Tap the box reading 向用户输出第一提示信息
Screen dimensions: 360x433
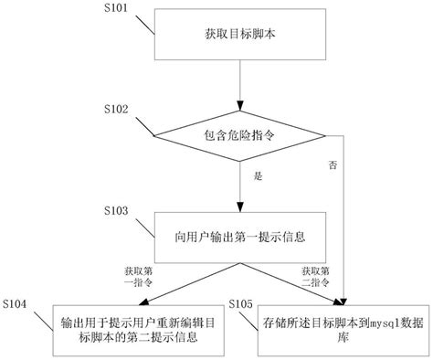click(x=239, y=236)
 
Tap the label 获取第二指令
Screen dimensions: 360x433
click(x=316, y=278)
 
